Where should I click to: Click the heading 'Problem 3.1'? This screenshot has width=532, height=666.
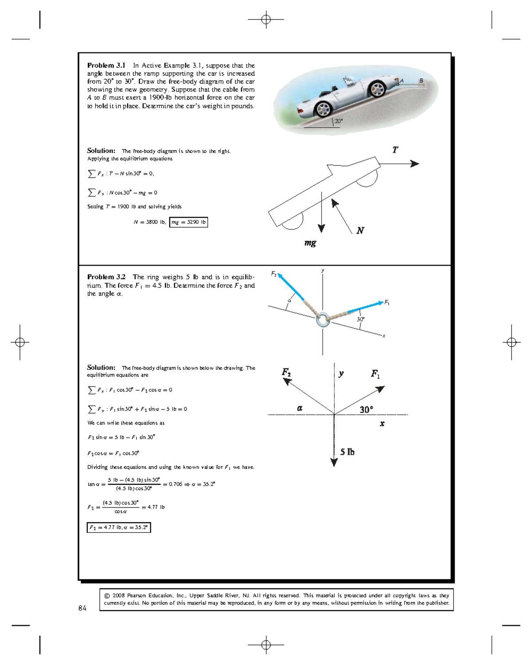[x=106, y=65]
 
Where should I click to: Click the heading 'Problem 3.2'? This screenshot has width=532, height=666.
[x=106, y=277]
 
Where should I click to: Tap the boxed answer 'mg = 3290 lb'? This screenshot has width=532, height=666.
[x=188, y=222]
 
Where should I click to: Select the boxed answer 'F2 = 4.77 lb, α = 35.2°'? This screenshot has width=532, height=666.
[x=118, y=527]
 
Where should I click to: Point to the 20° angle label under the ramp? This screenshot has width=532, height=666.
[x=339, y=121]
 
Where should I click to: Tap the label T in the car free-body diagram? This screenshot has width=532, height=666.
[x=395, y=150]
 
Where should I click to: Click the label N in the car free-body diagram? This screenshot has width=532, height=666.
[x=360, y=230]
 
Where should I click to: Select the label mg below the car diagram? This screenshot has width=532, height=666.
[x=310, y=243]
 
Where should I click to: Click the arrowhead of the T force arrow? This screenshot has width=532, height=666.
[x=415, y=164]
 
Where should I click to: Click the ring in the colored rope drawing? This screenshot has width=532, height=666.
[x=323, y=319]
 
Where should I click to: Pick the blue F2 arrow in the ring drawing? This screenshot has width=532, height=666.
[x=291, y=287]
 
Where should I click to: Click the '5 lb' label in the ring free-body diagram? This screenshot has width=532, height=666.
[x=347, y=452]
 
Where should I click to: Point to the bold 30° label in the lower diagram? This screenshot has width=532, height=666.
[x=366, y=409]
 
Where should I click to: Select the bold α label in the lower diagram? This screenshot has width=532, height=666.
[x=300, y=408]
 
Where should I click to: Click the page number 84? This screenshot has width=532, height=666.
[x=82, y=608]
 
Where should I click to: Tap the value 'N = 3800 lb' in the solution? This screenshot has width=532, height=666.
[x=149, y=222]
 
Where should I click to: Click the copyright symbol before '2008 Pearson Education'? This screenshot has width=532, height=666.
[x=107, y=596]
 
